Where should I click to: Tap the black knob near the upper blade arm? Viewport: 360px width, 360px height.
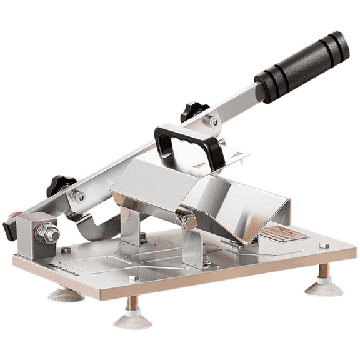click(195, 111)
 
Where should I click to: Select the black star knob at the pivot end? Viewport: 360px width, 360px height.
click(61, 185)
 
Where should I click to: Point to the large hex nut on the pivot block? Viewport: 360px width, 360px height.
click(47, 234)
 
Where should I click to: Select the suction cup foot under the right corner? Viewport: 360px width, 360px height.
click(323, 286)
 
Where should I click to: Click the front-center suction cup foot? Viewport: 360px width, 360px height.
click(132, 319)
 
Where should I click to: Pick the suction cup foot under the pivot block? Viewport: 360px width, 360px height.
click(66, 293)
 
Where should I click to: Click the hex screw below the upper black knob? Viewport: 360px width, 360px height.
click(214, 122)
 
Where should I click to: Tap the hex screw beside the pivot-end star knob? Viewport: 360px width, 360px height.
click(80, 197)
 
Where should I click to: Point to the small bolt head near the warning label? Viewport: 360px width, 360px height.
click(324, 246)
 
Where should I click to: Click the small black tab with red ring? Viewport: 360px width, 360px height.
click(10, 229)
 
